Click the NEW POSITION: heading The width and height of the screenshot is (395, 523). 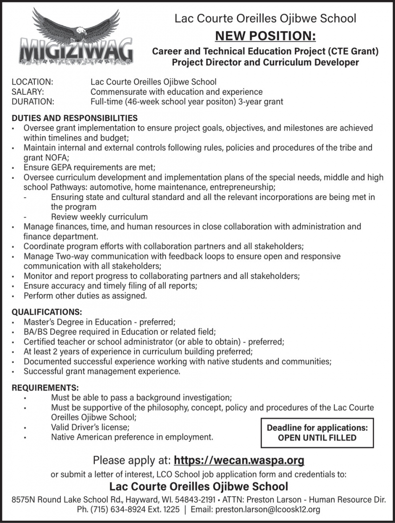point(265,35)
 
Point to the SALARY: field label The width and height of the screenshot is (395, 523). point(27,92)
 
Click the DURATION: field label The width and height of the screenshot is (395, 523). point(33,101)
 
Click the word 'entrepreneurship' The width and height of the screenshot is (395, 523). point(243,187)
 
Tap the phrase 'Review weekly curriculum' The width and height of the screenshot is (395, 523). point(99,216)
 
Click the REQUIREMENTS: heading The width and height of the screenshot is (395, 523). point(45,388)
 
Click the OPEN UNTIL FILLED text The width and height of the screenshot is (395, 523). point(317,438)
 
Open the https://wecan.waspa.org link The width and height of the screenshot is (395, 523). point(239,460)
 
